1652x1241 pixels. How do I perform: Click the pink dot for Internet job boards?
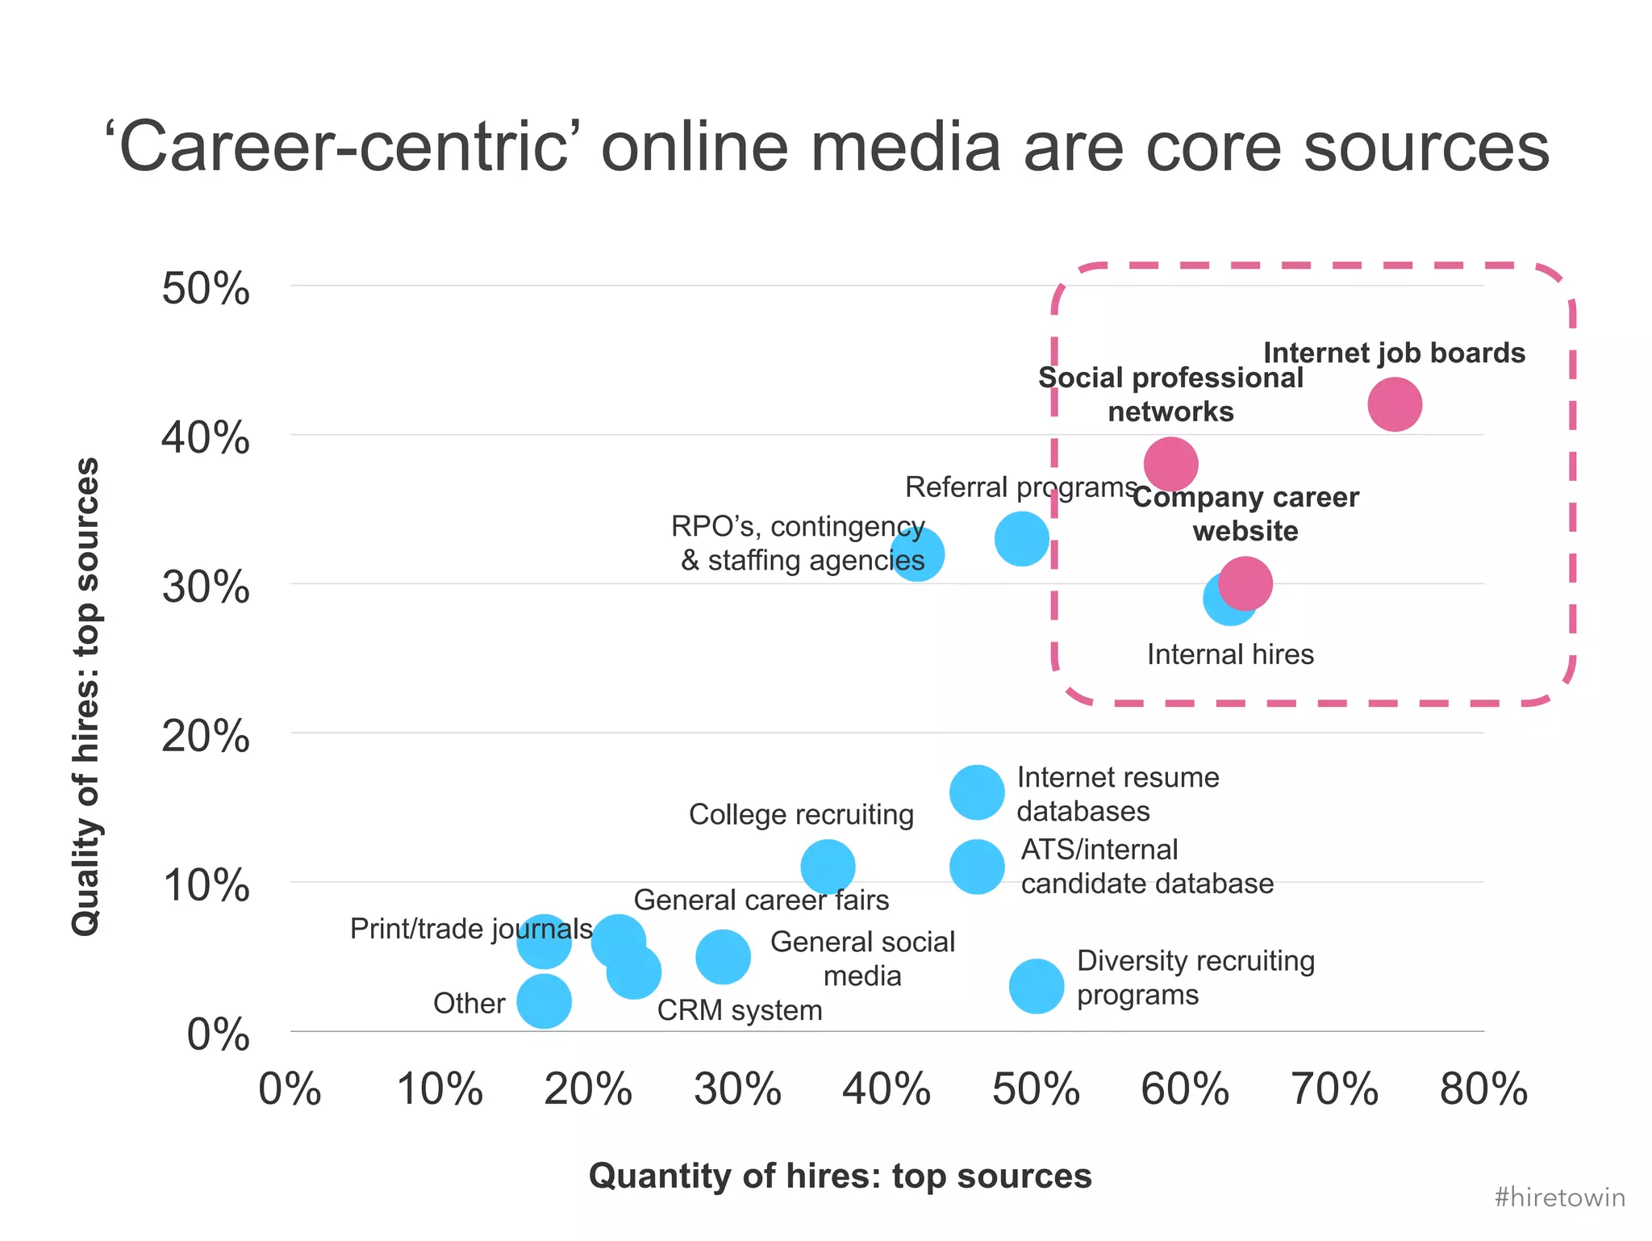point(1394,404)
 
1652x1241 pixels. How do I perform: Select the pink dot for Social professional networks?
point(1170,464)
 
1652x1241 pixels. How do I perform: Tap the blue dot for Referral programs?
point(1021,538)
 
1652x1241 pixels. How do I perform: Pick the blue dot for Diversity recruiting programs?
point(1037,986)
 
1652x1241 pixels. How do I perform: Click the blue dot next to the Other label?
point(544,1001)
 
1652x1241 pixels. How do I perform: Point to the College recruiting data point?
point(828,867)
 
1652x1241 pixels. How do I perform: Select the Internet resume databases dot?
point(977,792)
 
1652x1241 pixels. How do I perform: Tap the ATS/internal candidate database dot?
point(977,867)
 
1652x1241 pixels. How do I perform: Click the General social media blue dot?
point(723,956)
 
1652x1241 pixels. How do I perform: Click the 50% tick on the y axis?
point(206,288)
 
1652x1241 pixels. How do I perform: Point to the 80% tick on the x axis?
point(1483,1089)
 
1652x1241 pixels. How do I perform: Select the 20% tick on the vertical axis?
point(206,736)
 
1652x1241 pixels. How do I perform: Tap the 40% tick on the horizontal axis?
point(886,1089)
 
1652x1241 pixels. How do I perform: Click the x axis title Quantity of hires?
point(840,1176)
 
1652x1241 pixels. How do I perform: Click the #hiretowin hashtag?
point(1559,1197)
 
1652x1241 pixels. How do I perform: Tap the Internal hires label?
point(1230,654)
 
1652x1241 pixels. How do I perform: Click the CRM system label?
point(740,1010)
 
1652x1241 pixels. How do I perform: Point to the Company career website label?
point(1245,514)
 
